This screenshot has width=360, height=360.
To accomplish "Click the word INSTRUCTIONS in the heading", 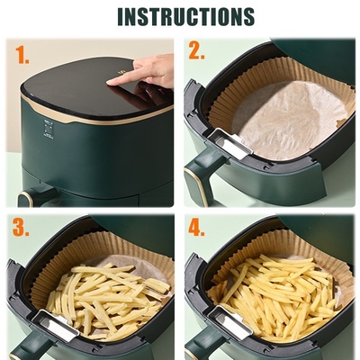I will point(185,16).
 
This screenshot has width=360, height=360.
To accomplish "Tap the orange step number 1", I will point(22,56).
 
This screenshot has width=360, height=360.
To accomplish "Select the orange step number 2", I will point(196,51).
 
